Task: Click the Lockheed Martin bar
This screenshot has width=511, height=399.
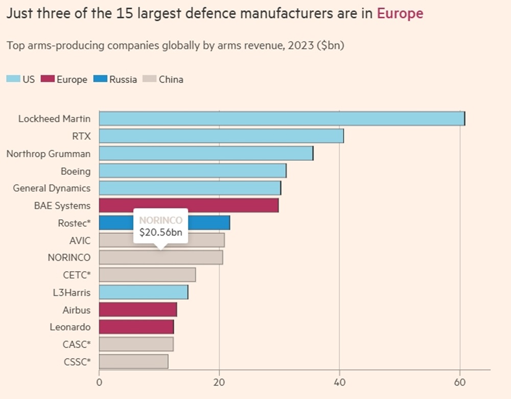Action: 282,119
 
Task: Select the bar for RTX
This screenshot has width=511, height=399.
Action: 221,136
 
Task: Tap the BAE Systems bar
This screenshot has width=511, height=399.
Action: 189,205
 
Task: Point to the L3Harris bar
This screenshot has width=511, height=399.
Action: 144,292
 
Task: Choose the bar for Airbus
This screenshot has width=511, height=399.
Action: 138,310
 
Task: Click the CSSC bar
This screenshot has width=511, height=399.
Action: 133,362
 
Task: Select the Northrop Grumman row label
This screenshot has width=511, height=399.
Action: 48,154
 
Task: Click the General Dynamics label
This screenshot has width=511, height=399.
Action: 52,188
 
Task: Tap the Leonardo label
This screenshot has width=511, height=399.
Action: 70,327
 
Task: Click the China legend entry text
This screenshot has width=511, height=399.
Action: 171,79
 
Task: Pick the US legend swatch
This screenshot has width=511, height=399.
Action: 13,79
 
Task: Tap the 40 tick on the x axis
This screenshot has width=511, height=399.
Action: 340,382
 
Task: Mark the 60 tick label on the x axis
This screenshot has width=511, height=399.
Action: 460,382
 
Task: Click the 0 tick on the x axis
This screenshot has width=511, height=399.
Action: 99,382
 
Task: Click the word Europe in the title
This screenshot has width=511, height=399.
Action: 400,13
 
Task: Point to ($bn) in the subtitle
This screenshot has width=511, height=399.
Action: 331,45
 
